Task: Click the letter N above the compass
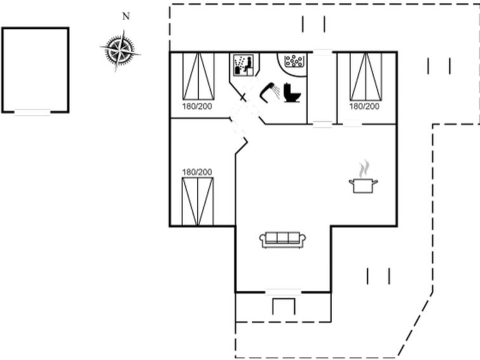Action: [126, 17]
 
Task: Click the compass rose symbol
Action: [120, 50]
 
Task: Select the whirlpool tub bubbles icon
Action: [294, 61]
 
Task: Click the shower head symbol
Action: [270, 91]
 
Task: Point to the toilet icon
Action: [292, 92]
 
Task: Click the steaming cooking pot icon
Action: [363, 185]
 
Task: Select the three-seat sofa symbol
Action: [282, 239]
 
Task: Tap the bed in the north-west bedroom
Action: [198, 76]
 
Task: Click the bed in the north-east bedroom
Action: [366, 76]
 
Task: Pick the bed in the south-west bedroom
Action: [198, 201]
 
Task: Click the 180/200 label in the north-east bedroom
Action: [364, 106]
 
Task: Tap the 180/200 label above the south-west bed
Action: [197, 172]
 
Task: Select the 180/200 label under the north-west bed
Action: [197, 106]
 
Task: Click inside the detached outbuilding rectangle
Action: [35, 70]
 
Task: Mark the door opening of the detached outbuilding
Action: [32, 113]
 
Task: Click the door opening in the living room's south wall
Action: [283, 292]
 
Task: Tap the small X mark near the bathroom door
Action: [243, 98]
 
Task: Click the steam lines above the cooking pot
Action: [364, 169]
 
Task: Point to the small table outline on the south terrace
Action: [284, 306]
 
